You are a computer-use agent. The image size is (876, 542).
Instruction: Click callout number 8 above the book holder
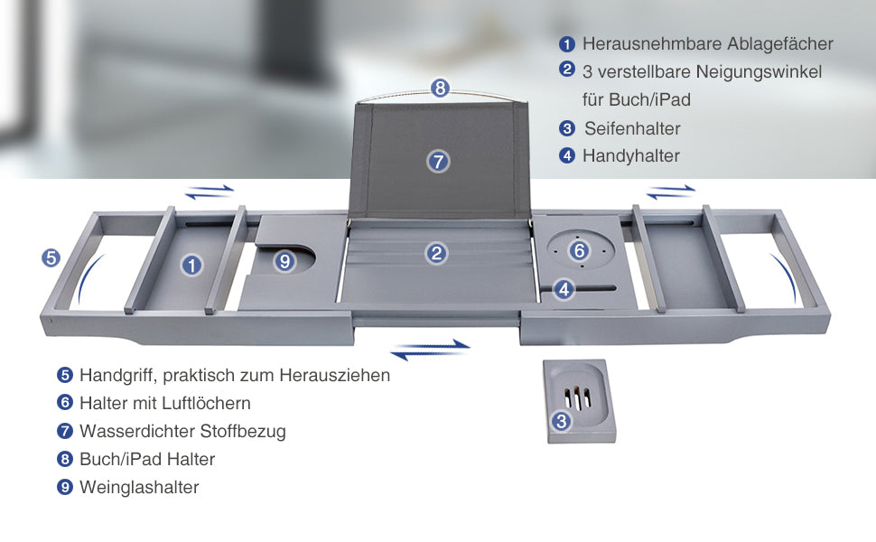coord(440,88)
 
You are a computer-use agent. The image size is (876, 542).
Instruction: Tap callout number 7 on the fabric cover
coord(439,162)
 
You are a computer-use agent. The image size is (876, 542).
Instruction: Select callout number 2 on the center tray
coord(436,254)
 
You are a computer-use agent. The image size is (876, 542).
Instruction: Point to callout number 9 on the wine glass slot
coord(284,261)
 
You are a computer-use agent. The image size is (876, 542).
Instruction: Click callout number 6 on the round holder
coord(580,250)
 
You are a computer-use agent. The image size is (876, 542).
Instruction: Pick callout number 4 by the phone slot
coord(564,289)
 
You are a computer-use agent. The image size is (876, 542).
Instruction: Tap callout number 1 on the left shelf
coord(191,266)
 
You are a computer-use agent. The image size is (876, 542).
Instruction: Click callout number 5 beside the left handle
coord(51,257)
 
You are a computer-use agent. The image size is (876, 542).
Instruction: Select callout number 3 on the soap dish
coord(562,421)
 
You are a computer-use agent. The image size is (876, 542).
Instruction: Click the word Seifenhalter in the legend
coord(632,128)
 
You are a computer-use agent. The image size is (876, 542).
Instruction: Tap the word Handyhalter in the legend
coord(631,156)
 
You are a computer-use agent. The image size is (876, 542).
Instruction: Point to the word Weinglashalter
coord(139,487)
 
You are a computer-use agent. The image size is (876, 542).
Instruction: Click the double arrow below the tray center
coord(431,350)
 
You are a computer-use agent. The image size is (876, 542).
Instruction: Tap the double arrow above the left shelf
coord(210,192)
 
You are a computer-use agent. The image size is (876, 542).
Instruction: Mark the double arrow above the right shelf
coord(671,192)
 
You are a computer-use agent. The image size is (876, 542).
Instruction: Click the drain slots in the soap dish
coord(578,397)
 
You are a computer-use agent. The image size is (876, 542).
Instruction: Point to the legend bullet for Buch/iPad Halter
coord(65,459)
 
